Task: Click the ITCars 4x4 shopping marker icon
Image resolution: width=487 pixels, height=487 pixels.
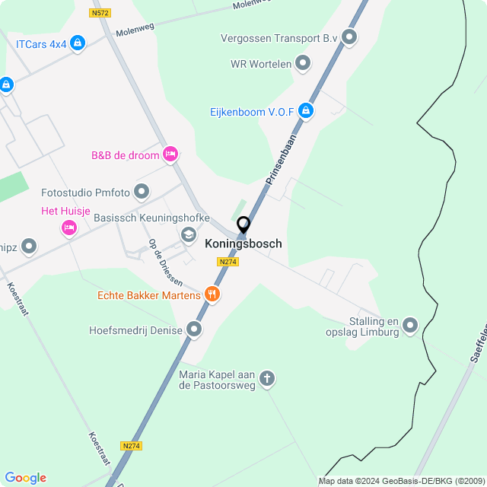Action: pos(77,43)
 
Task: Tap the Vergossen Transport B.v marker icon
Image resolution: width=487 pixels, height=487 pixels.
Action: pos(349,37)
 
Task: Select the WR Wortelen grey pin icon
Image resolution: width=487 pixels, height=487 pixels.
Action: pos(303,63)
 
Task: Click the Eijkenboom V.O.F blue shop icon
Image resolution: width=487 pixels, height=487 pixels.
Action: pos(306,111)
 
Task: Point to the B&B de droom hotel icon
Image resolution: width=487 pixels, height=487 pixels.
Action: pos(170,154)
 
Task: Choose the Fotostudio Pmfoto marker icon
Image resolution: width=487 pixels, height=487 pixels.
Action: pos(142,191)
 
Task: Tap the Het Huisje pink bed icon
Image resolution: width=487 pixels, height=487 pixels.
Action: pos(69,227)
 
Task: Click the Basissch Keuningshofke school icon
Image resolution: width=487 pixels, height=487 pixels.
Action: pos(188,234)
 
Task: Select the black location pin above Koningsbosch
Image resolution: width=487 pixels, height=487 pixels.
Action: pos(243,225)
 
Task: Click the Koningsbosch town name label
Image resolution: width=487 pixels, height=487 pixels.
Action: pos(243,244)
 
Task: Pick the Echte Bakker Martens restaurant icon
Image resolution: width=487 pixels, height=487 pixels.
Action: pos(212,294)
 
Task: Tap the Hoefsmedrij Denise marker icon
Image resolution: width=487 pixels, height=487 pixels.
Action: pos(194,329)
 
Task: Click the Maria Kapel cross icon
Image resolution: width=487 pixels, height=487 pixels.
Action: pos(267,378)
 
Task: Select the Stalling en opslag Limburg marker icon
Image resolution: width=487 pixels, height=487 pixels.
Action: pos(410,326)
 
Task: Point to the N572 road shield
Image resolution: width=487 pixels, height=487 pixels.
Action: pos(99,14)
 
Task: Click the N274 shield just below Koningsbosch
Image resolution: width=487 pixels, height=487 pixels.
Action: pos(228,262)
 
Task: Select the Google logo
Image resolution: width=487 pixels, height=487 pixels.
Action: pos(26,478)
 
